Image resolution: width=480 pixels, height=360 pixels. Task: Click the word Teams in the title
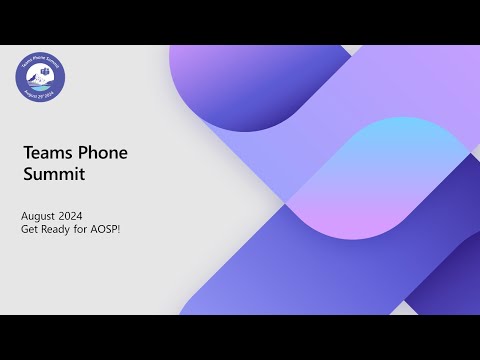pyautogui.click(x=43, y=153)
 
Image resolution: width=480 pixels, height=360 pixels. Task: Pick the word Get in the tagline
pyautogui.click(x=30, y=229)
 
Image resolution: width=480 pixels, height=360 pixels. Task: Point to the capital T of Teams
pyautogui.click(x=26, y=153)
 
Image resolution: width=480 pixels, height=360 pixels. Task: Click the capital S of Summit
pyautogui.click(x=27, y=174)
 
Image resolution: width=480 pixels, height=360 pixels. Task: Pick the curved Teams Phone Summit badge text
pyautogui.click(x=41, y=61)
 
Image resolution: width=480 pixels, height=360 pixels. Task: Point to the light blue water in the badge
pyautogui.click(x=41, y=88)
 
